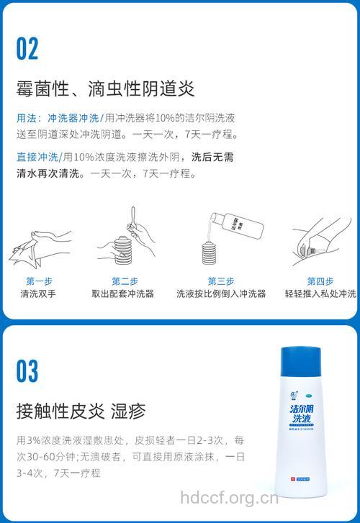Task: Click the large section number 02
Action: click(28, 49)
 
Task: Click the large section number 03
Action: click(28, 370)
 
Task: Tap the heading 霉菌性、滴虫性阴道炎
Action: click(106, 89)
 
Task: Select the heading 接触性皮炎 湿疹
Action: click(81, 411)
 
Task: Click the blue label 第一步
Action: click(39, 281)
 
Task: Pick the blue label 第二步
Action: click(125, 281)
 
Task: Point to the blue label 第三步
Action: click(221, 281)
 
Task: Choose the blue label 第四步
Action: click(320, 281)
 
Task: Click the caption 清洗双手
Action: click(39, 294)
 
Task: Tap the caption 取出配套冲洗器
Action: click(123, 294)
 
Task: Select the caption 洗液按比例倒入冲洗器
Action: click(221, 294)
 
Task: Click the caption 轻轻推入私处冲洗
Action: click(320, 294)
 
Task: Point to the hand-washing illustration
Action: click(40, 245)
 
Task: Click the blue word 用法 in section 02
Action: click(27, 118)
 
